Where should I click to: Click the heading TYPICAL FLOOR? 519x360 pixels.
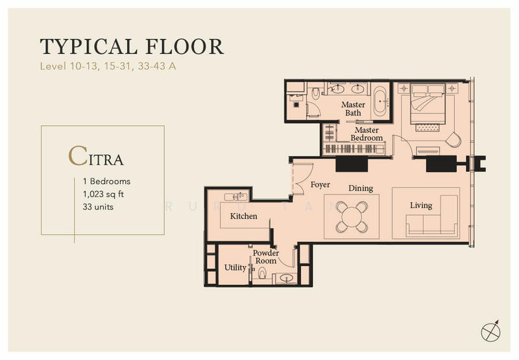coord(132,47)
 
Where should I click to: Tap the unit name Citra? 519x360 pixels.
coord(96,157)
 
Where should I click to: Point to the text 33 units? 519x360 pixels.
coord(98,206)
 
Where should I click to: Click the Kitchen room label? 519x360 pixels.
coord(244,216)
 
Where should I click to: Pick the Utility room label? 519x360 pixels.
coord(235,267)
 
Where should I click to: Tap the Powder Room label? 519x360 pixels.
coord(266,257)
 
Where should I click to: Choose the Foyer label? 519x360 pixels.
coord(320,185)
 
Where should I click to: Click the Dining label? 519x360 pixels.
coord(360,189)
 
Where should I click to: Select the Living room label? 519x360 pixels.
coord(420,206)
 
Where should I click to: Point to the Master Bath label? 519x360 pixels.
coord(353,108)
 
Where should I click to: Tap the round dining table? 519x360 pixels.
coord(351,216)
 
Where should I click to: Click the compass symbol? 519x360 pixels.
coord(490,330)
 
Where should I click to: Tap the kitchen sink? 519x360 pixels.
coord(235,196)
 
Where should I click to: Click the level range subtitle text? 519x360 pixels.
coord(108,66)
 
